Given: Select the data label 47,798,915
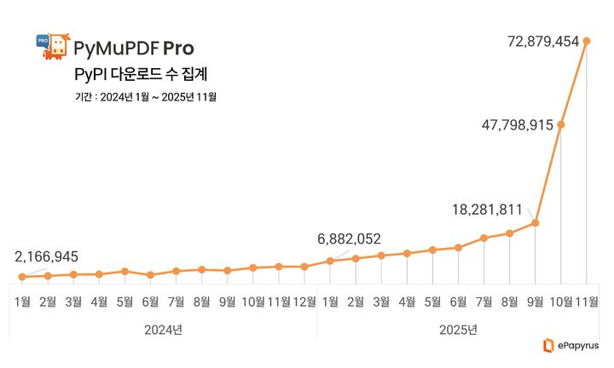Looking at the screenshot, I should [506, 124].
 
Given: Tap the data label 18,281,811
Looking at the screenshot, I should [487, 209].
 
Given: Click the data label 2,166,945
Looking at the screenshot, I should [47, 256].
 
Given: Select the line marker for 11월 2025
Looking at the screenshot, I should [586, 40].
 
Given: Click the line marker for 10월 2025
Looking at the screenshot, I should [560, 125].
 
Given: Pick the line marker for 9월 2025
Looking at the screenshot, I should [535, 223].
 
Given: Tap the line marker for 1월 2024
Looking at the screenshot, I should [22, 277].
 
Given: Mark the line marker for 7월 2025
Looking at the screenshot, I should [484, 238].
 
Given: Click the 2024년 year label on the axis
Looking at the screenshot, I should [164, 329].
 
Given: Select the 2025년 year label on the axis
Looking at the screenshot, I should [459, 329].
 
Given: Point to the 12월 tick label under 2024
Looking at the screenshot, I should [304, 301].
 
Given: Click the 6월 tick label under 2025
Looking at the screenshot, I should [458, 301].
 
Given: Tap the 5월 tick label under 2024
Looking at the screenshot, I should [125, 301].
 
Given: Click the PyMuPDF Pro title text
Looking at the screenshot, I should [133, 48].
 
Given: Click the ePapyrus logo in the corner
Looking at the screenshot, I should [571, 345].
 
